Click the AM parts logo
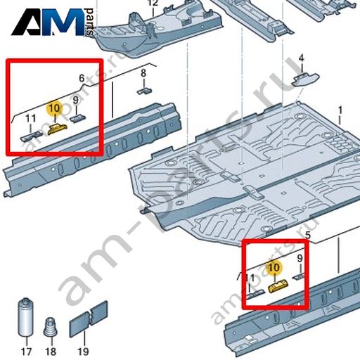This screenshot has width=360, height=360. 53,22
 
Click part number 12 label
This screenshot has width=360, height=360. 153,3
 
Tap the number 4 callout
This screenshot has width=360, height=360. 302,58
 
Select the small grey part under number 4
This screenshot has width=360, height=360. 305,79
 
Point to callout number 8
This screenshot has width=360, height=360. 143,73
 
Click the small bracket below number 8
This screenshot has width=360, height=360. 144,91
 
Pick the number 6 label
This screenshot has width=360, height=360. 82,78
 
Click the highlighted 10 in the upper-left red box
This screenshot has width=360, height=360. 55,108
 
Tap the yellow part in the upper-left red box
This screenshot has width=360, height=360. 57,129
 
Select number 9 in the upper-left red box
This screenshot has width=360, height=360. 75,100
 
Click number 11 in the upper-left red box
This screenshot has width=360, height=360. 31,119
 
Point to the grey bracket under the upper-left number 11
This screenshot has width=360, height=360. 31,136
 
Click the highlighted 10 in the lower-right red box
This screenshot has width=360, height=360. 274,267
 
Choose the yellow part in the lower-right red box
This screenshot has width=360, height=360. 278,286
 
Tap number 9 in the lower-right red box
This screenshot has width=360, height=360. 300,258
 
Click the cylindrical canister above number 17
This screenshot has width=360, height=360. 25,317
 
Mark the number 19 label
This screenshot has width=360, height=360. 83,352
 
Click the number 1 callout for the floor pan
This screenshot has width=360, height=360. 340,110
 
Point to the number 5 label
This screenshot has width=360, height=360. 308,235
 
